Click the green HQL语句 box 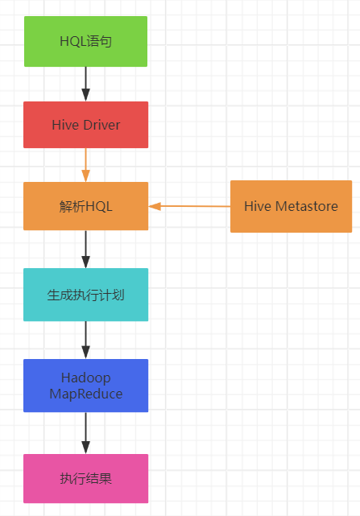pos(85,41)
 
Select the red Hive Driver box pos(85,125)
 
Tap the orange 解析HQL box pos(85,206)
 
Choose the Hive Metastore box pos(291,207)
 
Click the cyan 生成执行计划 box pos(85,295)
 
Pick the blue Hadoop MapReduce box pos(85,386)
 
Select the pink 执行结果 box pos(85,478)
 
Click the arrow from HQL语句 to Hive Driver pos(85,84)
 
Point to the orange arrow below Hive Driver pos(85,165)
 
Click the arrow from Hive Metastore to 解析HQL pos(190,206)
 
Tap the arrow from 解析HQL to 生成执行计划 pos(85,249)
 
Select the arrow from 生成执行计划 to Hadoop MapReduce pos(85,340)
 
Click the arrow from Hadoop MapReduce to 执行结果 pos(85,433)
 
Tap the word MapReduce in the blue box pos(85,394)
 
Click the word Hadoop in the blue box pos(85,378)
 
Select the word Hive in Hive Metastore pos(258,207)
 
